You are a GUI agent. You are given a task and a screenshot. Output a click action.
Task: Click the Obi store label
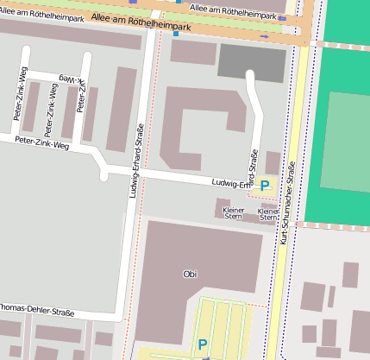(190, 274)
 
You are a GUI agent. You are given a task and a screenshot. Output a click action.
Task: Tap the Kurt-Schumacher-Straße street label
(287, 202)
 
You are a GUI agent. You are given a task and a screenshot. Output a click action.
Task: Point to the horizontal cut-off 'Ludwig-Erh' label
(231, 183)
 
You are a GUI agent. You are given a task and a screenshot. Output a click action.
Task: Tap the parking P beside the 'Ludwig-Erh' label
(266, 184)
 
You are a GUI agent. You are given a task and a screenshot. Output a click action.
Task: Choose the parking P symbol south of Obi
(203, 344)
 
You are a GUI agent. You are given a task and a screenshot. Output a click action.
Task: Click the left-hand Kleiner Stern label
(233, 213)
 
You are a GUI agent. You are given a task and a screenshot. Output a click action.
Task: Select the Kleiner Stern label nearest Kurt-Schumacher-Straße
(268, 213)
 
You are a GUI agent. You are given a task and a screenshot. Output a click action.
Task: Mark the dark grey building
(251, 62)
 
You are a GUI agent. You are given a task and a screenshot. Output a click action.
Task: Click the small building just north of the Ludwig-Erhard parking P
(273, 162)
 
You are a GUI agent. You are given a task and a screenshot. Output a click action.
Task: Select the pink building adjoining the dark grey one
(193, 52)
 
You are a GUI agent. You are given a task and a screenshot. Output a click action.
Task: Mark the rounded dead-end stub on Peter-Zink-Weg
(104, 177)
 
